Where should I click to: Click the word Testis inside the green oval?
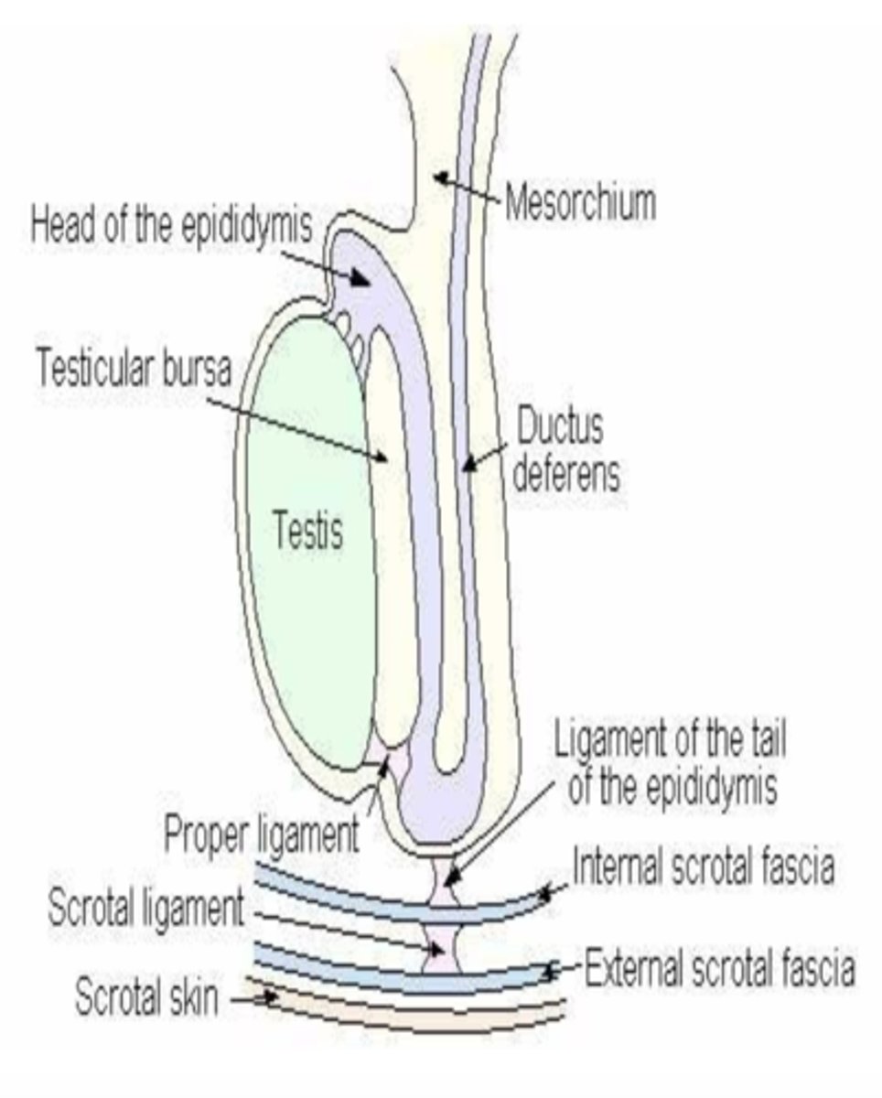308,530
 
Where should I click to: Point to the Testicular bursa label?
134,368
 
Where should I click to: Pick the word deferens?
565,475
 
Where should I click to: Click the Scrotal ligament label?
145,909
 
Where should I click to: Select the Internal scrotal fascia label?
703,867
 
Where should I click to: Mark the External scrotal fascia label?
720,968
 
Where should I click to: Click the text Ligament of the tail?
670,741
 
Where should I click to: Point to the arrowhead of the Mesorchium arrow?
440,177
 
